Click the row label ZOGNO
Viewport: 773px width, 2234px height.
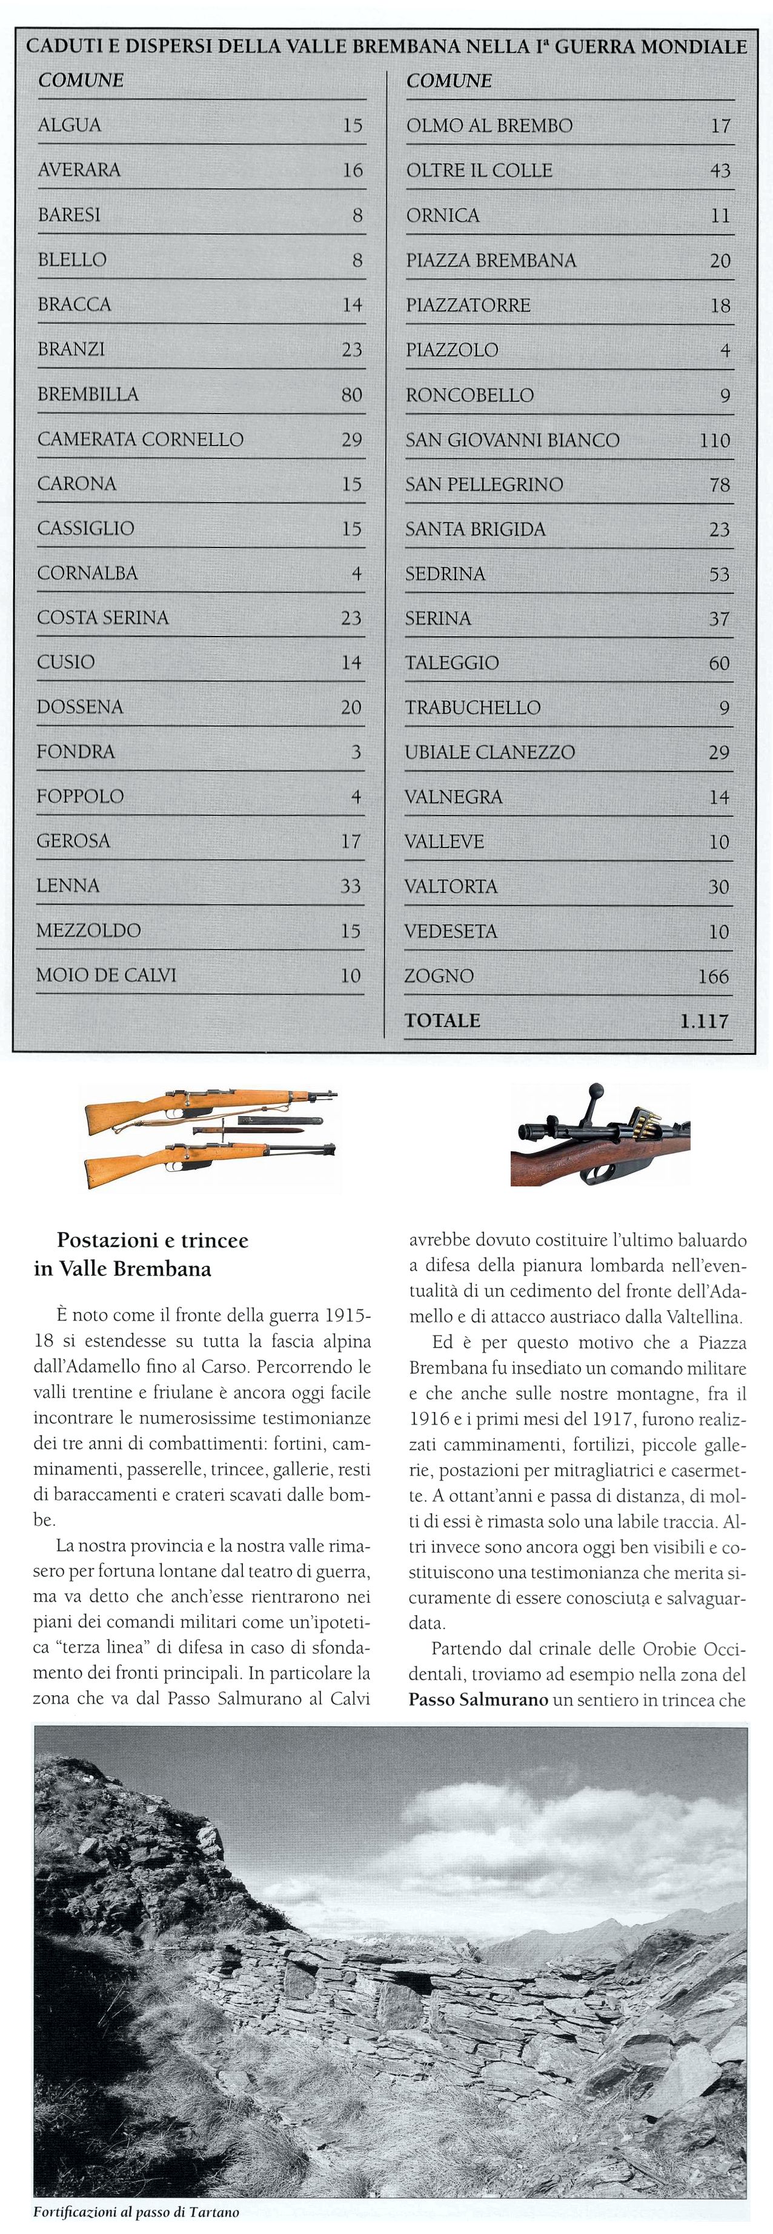(x=439, y=975)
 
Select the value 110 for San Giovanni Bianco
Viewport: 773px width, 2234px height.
(x=715, y=440)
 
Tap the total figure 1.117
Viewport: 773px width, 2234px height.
(x=704, y=1021)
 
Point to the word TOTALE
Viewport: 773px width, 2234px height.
(x=442, y=1020)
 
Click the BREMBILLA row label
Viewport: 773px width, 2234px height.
(x=87, y=393)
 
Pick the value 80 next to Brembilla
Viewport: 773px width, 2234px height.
(x=351, y=395)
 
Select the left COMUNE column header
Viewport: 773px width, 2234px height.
(x=81, y=80)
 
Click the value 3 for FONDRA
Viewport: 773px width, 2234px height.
(x=356, y=752)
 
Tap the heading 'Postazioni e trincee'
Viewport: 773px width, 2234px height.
(x=153, y=1240)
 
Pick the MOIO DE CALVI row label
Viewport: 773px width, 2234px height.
(x=106, y=975)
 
